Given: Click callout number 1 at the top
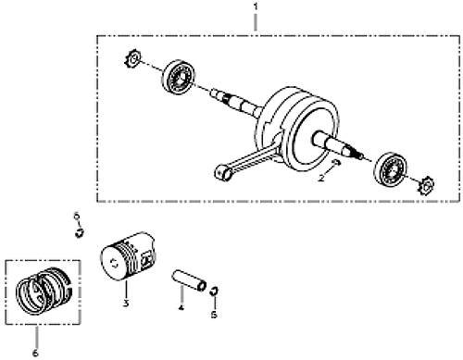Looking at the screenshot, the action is tap(256, 6).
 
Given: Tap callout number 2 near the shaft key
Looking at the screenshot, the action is tap(321, 178).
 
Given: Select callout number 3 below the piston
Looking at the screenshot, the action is tap(125, 304).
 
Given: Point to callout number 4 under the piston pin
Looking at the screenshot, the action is tap(181, 307).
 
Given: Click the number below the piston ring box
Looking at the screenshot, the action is tap(35, 353).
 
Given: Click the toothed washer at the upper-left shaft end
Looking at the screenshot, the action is tap(132, 60).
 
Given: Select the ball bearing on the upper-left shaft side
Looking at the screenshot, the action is tap(179, 77).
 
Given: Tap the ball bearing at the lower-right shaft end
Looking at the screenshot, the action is tap(390, 168).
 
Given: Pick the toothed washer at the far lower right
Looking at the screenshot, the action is tap(426, 185).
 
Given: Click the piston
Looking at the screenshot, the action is tap(128, 256).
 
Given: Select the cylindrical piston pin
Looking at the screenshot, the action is tap(189, 279).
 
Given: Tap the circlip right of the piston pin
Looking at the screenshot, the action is tap(214, 291).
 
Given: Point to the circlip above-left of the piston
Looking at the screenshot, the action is tap(80, 232).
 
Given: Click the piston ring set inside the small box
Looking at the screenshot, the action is tap(44, 292).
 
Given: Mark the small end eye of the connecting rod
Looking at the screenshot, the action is tap(223, 173).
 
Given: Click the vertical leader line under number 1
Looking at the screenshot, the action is tap(256, 21).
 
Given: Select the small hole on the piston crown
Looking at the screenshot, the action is tap(115, 263).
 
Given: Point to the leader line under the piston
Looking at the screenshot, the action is tap(126, 290).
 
